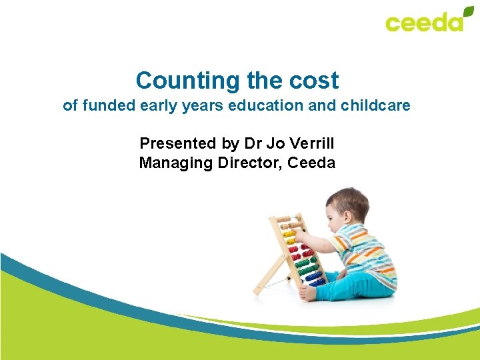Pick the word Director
coord(250,163)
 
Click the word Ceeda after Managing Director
coord(312,163)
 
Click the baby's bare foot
coord(307,293)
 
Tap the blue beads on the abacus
coord(314,276)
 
